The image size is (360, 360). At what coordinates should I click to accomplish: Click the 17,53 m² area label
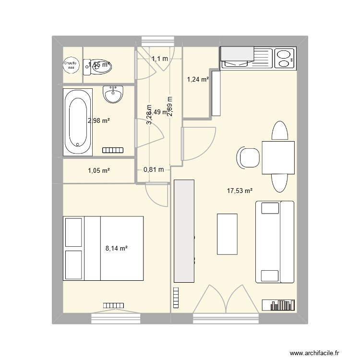click(x=240, y=191)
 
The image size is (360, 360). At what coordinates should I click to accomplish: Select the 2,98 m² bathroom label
click(x=98, y=120)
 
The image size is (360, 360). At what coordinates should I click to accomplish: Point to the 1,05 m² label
click(x=99, y=170)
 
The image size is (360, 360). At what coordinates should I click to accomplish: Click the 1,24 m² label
click(x=198, y=80)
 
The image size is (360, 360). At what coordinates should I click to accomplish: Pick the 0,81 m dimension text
click(x=154, y=169)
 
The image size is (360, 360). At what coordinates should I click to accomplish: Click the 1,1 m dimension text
click(x=160, y=59)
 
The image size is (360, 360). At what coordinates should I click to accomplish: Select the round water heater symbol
click(x=71, y=65)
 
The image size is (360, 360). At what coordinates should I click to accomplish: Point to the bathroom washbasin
click(x=113, y=94)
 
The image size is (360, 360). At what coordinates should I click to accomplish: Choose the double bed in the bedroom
click(x=104, y=248)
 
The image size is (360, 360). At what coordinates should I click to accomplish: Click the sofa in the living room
click(x=275, y=242)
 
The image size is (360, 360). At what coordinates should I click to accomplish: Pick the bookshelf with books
click(x=278, y=305)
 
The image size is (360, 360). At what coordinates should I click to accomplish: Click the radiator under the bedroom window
click(x=113, y=305)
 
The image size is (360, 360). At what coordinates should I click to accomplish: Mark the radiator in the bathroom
click(x=114, y=150)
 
